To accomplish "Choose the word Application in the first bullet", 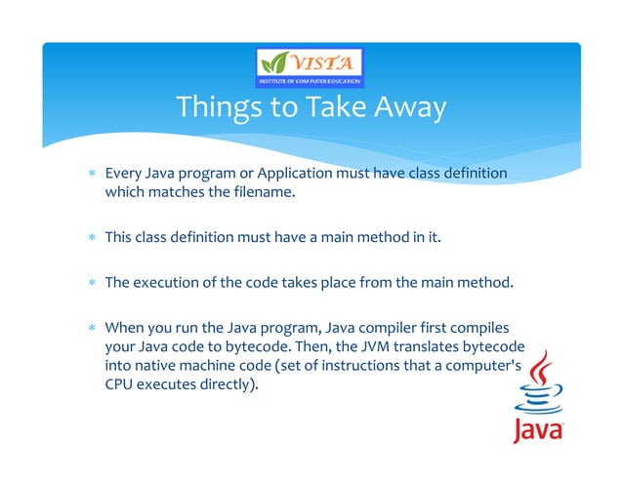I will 291,174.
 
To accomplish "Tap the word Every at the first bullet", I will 123,174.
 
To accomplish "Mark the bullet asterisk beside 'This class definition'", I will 91,237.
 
